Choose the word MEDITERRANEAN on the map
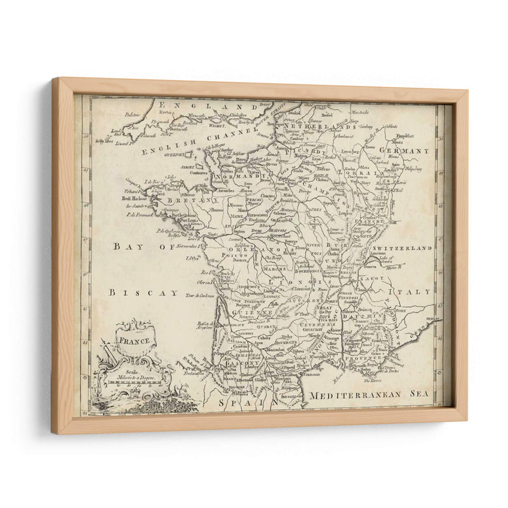(x=355, y=395)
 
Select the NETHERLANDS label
(x=328, y=128)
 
